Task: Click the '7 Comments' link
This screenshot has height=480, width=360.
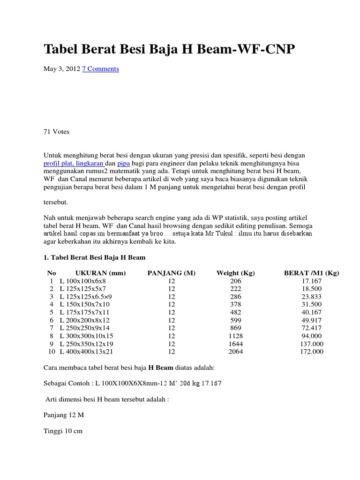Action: coord(100,69)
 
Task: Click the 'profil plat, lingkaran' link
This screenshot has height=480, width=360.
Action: coord(74,164)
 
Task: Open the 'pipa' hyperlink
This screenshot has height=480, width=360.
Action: coord(124,164)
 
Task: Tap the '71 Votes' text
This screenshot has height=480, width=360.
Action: coord(56,132)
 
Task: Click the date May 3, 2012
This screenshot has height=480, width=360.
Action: coord(62,69)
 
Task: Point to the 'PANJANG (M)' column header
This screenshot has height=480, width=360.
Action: coord(171,273)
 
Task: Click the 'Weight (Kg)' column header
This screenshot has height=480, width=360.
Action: coord(235,273)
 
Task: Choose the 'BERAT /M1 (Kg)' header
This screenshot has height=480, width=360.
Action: coord(312,273)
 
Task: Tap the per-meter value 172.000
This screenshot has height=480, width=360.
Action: coord(312,352)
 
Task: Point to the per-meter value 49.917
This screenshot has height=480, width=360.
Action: coord(312,320)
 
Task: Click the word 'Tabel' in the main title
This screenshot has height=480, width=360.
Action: coord(60,49)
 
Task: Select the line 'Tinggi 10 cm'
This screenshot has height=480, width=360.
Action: coord(63,431)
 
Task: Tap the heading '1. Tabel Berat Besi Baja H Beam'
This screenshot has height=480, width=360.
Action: coord(95,257)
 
